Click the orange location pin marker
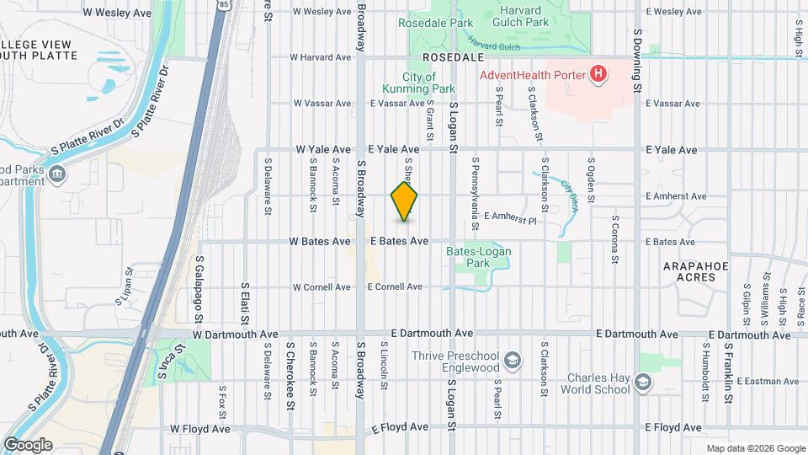pos(405,202)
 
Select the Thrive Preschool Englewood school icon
pos(511,362)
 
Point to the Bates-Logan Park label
pos(491,257)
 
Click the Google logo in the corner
pos(28,445)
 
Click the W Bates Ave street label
pos(319,242)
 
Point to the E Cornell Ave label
pos(395,287)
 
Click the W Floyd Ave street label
pos(200,429)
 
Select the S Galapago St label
pos(200,290)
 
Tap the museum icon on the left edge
pos(56,174)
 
